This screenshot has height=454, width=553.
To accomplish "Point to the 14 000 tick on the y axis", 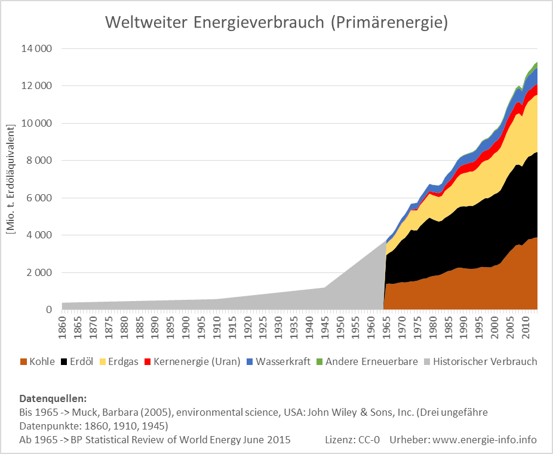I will [36, 49].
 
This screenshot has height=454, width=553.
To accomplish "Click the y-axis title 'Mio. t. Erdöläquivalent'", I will [10, 179].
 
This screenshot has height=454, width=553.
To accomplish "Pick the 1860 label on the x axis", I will [63, 326].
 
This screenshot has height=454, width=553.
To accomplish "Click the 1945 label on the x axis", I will [325, 326].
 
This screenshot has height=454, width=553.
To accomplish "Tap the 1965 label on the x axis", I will [386, 326].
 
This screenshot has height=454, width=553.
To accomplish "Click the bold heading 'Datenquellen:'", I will [53, 398].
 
